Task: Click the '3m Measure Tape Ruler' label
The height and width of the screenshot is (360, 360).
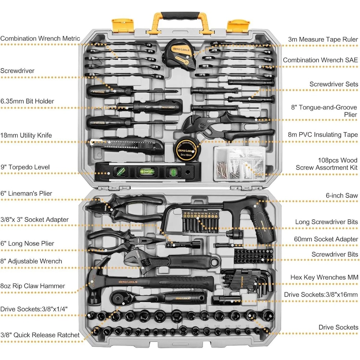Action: click(323, 39)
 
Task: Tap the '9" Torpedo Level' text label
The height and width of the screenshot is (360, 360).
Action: click(25, 167)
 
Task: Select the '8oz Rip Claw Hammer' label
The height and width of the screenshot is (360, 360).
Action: click(32, 286)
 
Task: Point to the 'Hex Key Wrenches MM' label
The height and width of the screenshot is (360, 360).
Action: click(324, 277)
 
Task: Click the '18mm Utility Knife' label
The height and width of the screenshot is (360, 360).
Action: click(26, 135)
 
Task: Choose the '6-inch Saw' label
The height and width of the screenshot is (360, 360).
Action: click(341, 195)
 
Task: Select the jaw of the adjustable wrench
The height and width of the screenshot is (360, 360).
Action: click(135, 258)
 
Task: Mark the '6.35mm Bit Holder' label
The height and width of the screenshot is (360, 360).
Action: click(27, 101)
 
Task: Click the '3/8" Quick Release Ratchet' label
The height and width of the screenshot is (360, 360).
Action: click(40, 335)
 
